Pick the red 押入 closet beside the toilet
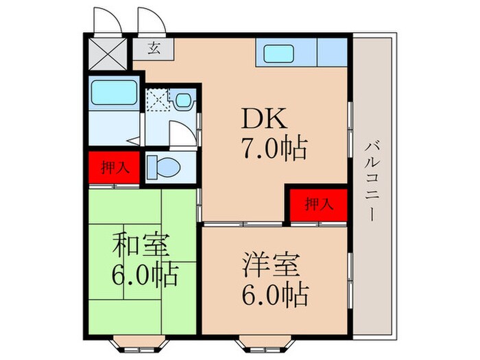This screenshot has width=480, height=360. click(x=112, y=167)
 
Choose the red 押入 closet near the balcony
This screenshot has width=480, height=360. click(x=317, y=204)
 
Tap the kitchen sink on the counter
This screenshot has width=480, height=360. click(x=279, y=53)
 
